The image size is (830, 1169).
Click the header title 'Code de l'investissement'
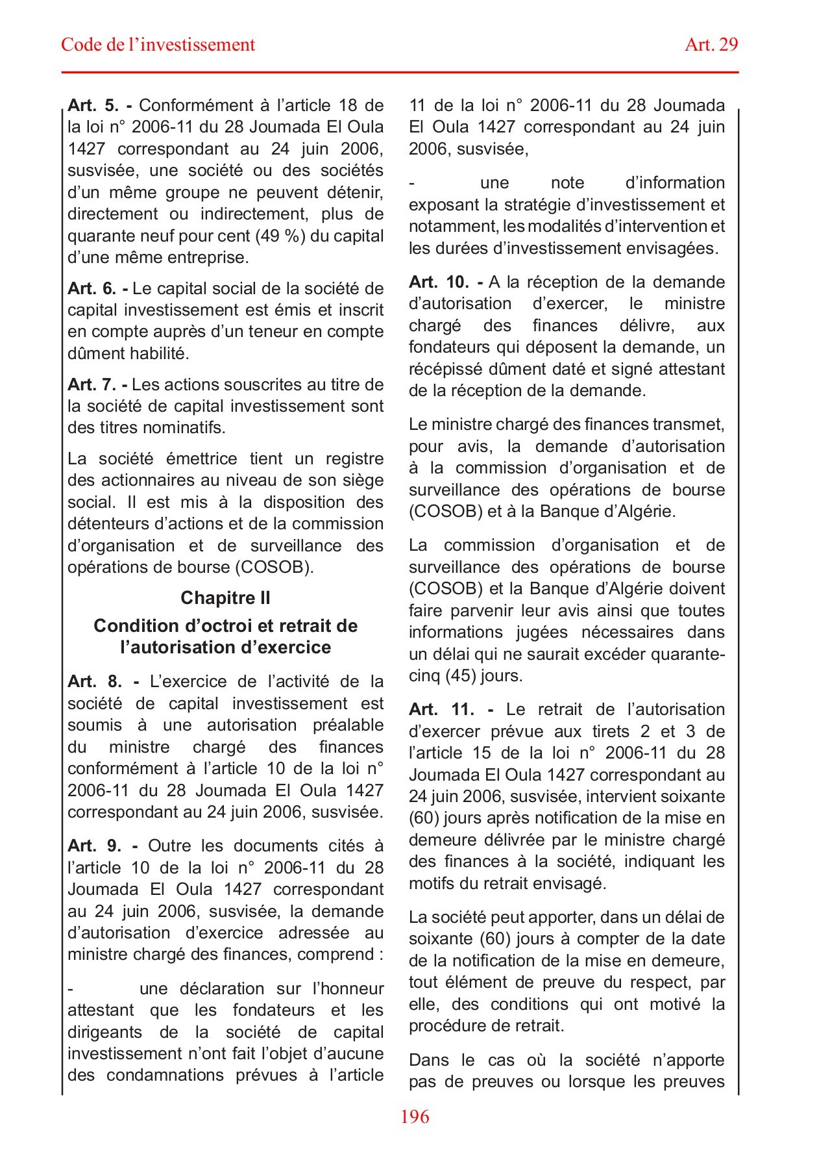click(x=158, y=45)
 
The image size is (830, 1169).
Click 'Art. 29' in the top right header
click(x=711, y=45)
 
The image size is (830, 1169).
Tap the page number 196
click(x=415, y=1116)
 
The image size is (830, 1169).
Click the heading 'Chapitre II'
click(x=225, y=597)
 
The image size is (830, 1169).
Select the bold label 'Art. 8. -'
click(x=103, y=681)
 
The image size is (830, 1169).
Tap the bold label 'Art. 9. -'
click(x=103, y=846)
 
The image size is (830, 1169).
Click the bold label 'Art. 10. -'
click(x=446, y=282)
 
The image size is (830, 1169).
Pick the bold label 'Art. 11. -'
click(x=451, y=709)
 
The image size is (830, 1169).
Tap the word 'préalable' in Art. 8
click(x=348, y=725)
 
